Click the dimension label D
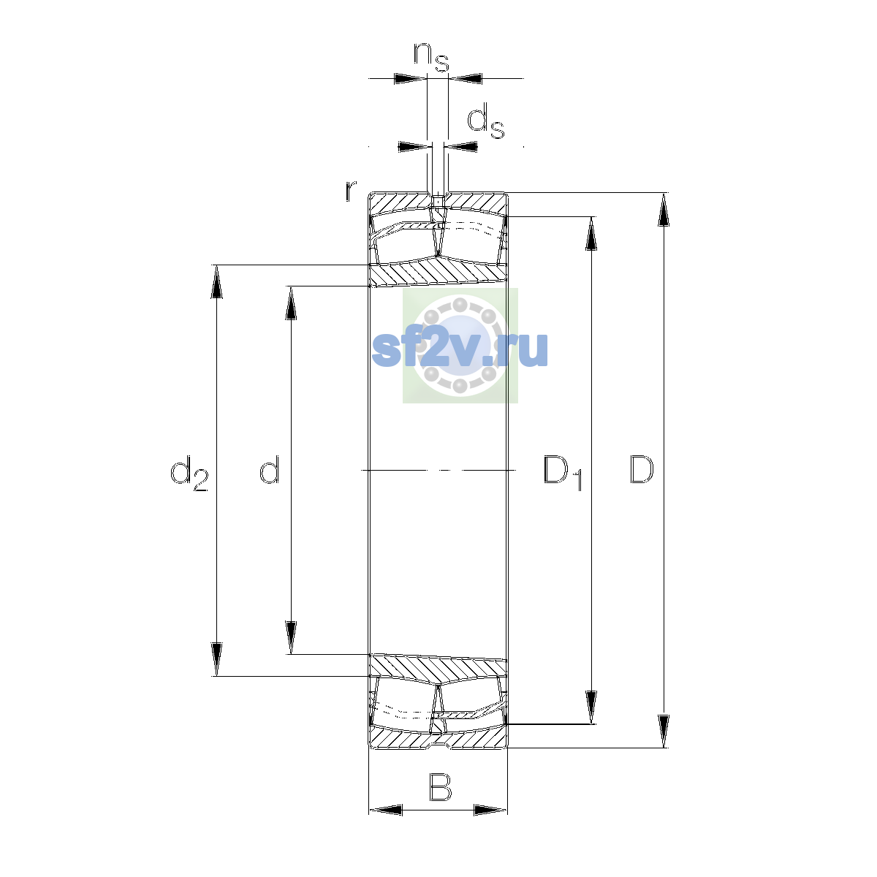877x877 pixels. coord(642,469)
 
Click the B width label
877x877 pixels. coord(440,787)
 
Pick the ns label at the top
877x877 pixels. coord(431,57)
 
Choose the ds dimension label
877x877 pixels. coord(486,121)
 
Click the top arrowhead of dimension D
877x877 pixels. coord(664,209)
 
